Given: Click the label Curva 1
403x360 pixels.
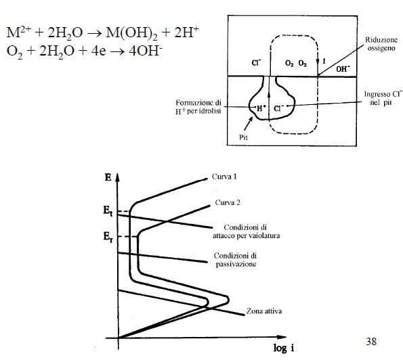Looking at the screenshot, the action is tap(224, 177).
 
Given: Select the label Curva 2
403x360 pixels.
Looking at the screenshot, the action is tap(228, 202).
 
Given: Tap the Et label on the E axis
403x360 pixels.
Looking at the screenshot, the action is tap(108, 211).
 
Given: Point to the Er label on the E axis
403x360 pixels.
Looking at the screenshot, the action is tap(108, 236).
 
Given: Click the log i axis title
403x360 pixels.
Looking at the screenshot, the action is tap(284, 348).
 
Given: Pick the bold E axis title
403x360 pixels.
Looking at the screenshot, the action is tap(108, 177).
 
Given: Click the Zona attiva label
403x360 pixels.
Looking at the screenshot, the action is tap(264, 311).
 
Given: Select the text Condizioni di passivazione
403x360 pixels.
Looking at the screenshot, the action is tap(236, 260).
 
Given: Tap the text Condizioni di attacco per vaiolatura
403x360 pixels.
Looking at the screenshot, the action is tap(246, 231).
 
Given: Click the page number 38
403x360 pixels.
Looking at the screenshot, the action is tap(371, 342).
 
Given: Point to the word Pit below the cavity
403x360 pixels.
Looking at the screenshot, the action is tap(243, 137).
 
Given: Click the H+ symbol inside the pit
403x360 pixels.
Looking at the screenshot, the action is tap(261, 109).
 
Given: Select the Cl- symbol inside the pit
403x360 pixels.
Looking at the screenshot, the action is tap(278, 108).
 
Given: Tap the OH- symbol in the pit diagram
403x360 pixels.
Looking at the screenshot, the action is tap(343, 69).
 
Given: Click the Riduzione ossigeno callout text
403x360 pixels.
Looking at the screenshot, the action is tap(381, 44).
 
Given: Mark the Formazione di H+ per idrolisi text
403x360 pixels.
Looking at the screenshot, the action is tap(198, 107).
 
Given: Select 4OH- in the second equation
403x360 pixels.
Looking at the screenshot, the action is tap(146, 51).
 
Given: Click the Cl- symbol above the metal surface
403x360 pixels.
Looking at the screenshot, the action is tap(256, 63).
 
